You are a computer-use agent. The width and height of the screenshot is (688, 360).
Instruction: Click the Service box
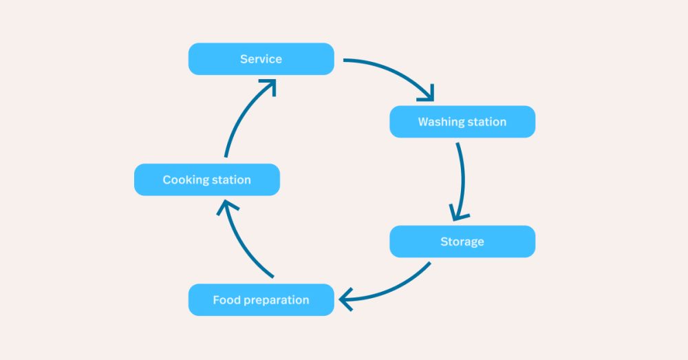pyautogui.click(x=261, y=59)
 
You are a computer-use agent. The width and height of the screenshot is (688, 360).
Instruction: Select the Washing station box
pyautogui.click(x=462, y=122)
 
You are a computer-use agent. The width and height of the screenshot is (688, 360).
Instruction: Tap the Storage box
pyautogui.click(x=462, y=242)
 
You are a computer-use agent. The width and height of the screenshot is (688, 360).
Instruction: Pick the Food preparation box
pyautogui.click(x=261, y=300)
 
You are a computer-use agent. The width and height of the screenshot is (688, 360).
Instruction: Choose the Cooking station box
pyautogui.click(x=207, y=180)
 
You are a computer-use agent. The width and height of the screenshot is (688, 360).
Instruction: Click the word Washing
pyautogui.click(x=441, y=123)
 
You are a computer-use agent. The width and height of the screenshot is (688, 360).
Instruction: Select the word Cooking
pyautogui.click(x=185, y=180)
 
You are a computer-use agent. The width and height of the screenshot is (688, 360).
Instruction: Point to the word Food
pyautogui.click(x=226, y=300)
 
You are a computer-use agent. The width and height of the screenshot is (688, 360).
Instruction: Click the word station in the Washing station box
pyautogui.click(x=486, y=123)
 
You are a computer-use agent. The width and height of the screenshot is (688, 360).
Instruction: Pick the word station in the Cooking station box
pyautogui.click(x=230, y=180)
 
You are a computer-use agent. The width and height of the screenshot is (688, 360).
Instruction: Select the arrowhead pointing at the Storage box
pyautogui.click(x=459, y=213)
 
